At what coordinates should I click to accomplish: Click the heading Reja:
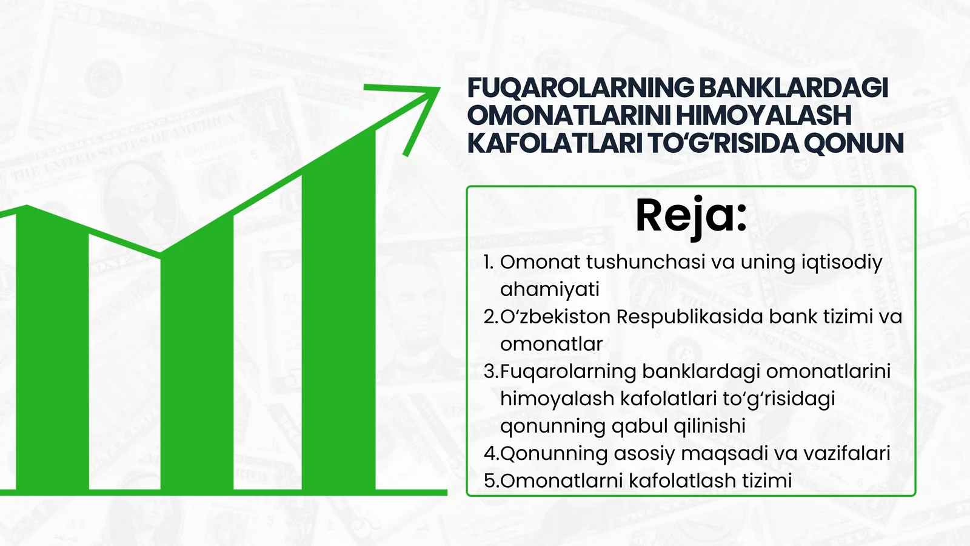click(691, 216)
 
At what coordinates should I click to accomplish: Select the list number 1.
click(489, 262)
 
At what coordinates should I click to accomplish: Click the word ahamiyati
click(549, 289)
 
